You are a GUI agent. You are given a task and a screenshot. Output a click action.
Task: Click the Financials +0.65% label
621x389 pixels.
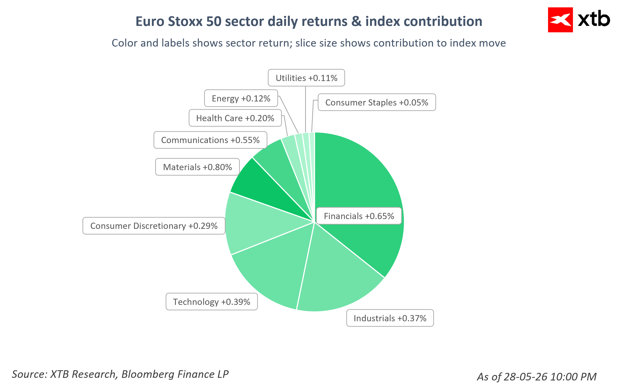(x=359, y=216)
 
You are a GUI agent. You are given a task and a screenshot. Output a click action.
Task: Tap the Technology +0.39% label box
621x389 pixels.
(x=212, y=302)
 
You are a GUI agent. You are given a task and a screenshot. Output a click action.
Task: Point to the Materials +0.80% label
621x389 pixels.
(x=197, y=167)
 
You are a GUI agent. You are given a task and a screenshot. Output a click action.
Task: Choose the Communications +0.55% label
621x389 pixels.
(x=210, y=140)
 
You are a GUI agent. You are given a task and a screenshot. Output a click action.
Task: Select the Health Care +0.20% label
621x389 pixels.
(x=235, y=118)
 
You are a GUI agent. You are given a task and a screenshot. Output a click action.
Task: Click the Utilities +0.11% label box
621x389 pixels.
(x=306, y=78)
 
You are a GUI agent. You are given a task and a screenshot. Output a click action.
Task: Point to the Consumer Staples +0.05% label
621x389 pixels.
(x=377, y=102)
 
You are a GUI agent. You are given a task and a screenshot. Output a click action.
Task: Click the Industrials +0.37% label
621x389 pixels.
(x=390, y=318)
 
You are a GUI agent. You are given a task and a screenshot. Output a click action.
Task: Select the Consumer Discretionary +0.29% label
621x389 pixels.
(x=154, y=226)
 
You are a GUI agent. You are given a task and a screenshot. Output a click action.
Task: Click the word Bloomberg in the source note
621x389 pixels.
(x=147, y=374)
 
